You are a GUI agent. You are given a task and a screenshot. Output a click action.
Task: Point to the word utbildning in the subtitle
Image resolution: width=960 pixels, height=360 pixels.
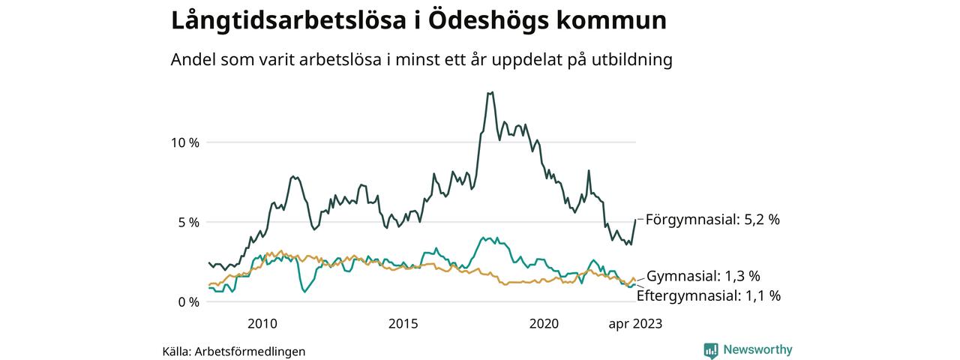point(631,60)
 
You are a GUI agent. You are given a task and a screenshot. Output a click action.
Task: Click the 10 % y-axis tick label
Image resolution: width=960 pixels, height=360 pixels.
point(183,142)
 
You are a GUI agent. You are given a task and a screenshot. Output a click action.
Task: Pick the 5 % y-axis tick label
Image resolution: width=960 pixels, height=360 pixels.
point(187,223)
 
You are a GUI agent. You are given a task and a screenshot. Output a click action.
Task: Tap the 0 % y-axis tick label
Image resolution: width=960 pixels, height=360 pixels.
point(187,302)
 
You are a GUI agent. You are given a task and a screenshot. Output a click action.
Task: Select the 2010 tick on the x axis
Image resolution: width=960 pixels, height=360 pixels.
point(262,324)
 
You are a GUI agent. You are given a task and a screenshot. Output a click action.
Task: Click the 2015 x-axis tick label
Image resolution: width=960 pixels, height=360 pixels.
point(403,324)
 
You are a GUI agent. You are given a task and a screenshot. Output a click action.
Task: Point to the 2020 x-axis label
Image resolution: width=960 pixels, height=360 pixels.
point(544,324)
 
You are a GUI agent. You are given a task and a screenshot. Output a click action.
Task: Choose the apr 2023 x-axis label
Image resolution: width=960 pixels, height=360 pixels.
point(635,324)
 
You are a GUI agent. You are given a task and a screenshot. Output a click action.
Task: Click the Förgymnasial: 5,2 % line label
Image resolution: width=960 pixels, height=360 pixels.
point(712,220)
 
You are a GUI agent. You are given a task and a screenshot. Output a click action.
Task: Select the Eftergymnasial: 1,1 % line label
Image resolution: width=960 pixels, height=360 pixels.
point(709,296)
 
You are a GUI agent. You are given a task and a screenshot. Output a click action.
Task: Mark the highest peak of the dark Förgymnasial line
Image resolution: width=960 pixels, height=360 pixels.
point(490,92)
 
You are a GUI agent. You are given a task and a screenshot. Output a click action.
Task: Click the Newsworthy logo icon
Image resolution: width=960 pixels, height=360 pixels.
point(711,350)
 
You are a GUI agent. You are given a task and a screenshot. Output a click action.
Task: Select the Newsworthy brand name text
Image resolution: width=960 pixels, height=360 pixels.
point(757,349)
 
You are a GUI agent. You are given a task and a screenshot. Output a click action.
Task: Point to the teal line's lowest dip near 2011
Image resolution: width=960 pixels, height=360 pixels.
point(304,291)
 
